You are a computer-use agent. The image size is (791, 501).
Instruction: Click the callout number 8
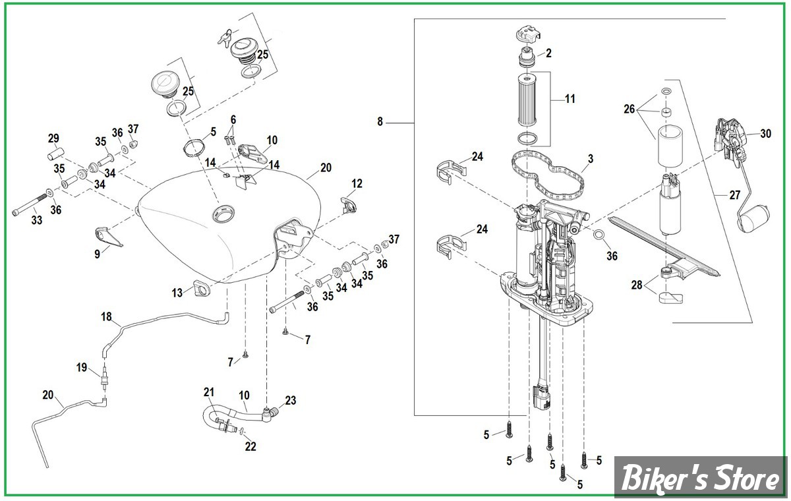[380, 122]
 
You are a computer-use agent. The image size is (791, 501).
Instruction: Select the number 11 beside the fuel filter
[570, 99]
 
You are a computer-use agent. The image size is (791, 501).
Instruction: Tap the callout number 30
[765, 133]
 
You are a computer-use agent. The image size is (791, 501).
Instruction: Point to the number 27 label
[734, 194]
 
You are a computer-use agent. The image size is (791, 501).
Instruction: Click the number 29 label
[53, 138]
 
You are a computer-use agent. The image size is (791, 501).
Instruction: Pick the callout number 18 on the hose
[107, 317]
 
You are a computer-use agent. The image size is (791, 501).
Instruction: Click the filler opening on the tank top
[221, 213]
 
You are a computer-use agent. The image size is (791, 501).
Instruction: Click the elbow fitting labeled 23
[270, 413]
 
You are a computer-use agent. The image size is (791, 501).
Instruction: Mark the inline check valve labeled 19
[103, 380]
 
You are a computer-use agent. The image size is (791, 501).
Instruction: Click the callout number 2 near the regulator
[548, 53]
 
